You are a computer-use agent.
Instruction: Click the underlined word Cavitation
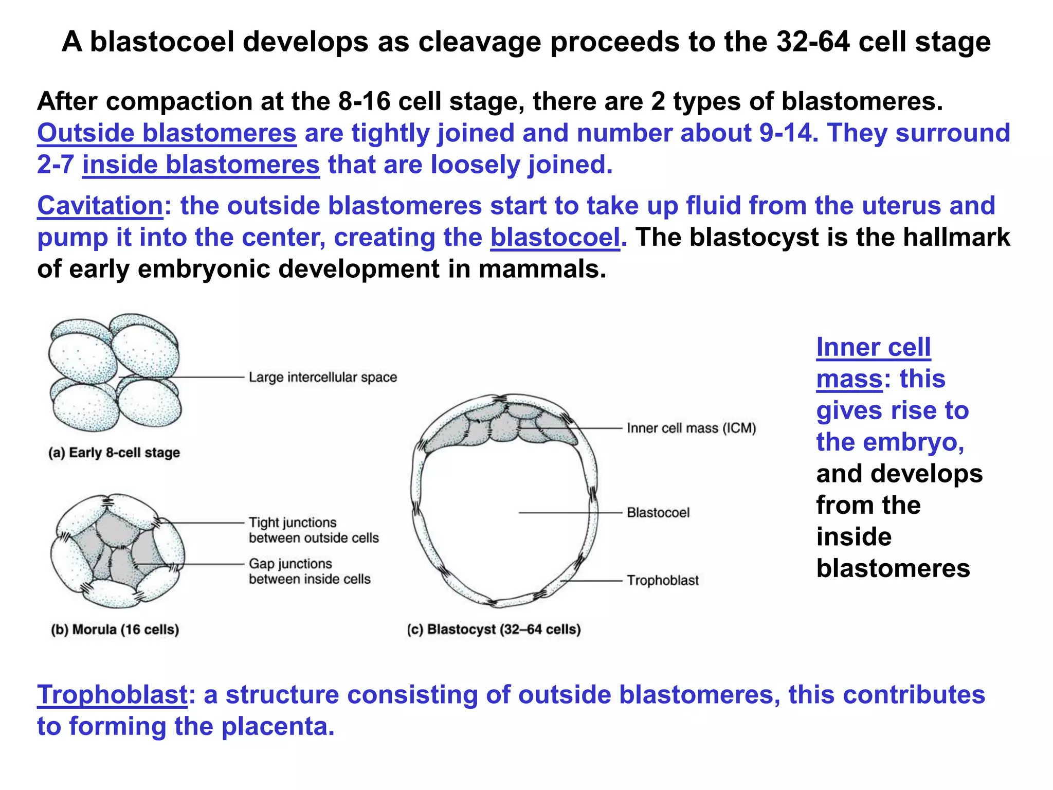pos(100,206)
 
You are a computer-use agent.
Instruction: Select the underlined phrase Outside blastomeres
pos(167,133)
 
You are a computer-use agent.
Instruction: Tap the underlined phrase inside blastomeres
pos(201,165)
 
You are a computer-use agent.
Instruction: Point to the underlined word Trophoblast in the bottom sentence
pos(112,695)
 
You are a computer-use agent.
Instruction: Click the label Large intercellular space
pos(323,378)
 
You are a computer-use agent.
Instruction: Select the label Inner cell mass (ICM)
pos(691,428)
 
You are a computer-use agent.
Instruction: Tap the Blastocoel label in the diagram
pos(658,513)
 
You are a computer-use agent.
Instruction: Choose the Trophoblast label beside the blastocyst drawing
pos(663,581)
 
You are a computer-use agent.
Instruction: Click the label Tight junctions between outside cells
pos(314,530)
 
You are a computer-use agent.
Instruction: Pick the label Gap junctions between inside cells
pos(310,571)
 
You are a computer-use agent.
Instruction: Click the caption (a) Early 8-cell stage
pos(114,453)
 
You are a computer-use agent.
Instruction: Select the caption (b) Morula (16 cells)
pos(115,630)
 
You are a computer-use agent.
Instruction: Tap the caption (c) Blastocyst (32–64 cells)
pos(494,630)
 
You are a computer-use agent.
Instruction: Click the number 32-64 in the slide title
pos(813,42)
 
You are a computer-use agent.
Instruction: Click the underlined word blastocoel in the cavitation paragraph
pos(555,238)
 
